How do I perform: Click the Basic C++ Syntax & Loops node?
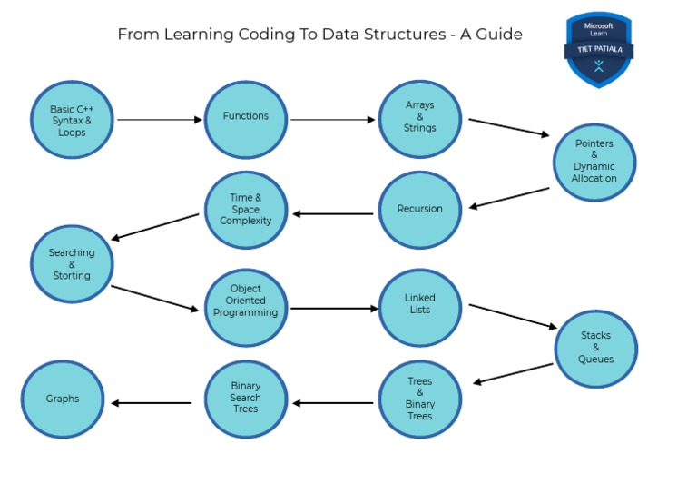pyautogui.click(x=72, y=120)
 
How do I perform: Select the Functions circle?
pyautogui.click(x=245, y=119)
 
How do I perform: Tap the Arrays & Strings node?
pyautogui.click(x=419, y=119)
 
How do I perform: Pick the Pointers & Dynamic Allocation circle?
pyautogui.click(x=594, y=163)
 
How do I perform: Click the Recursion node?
pyautogui.click(x=419, y=210)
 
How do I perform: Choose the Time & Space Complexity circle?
pyautogui.click(x=245, y=210)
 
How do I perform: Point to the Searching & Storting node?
pyautogui.click(x=72, y=264)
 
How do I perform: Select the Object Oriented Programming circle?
pyautogui.click(x=245, y=307)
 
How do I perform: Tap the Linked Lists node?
pyautogui.click(x=419, y=307)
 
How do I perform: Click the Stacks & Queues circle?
pyautogui.click(x=595, y=348)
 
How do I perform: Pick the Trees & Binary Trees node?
pyautogui.click(x=419, y=399)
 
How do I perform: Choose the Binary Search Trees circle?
pyautogui.click(x=245, y=399)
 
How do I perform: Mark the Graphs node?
pyautogui.click(x=63, y=399)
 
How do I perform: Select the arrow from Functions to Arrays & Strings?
pyautogui.click(x=332, y=119)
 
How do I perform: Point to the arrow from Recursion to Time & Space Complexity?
pyautogui.click(x=332, y=214)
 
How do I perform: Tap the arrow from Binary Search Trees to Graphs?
pyautogui.click(x=151, y=403)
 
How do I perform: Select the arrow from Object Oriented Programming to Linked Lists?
pyautogui.click(x=334, y=309)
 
